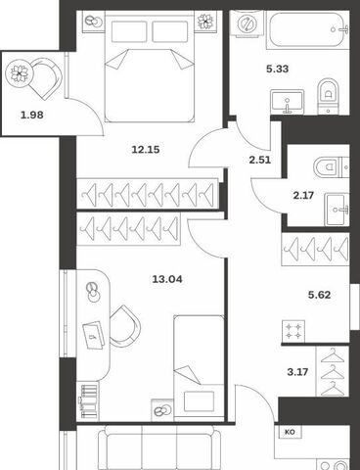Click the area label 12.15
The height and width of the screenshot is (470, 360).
click(x=146, y=150)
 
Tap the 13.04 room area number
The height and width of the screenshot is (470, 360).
click(x=167, y=279)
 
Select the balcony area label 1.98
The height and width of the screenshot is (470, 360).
click(x=32, y=115)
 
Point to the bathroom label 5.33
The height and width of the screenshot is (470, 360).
click(x=278, y=70)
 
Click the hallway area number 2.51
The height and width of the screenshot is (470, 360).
click(x=260, y=161)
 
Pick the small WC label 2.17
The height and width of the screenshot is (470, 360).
click(x=303, y=196)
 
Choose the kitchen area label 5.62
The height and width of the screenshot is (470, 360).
click(x=319, y=295)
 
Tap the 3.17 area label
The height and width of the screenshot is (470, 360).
click(x=297, y=372)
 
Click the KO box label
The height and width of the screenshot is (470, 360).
click(x=290, y=432)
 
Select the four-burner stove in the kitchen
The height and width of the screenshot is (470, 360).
click(x=293, y=331)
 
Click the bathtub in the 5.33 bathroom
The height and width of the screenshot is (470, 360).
click(x=308, y=30)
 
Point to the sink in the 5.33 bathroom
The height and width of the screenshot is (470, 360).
click(x=288, y=102)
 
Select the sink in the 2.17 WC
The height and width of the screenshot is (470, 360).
click(x=337, y=210)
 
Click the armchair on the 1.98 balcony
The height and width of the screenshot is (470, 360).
click(x=45, y=78)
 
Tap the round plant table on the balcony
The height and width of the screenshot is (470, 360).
click(x=20, y=73)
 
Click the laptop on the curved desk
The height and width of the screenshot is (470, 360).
click(x=94, y=334)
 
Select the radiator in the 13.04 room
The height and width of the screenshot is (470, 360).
click(x=89, y=401)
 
